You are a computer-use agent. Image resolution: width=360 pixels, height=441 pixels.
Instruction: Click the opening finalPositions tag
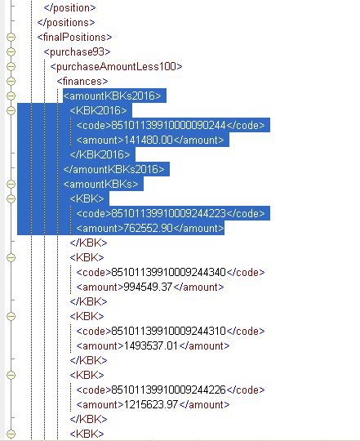(74, 37)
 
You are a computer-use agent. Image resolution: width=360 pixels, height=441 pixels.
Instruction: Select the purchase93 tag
(78, 51)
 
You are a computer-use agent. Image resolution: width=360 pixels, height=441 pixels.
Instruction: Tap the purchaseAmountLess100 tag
(117, 67)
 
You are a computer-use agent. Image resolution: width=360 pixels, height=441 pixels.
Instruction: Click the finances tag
(82, 82)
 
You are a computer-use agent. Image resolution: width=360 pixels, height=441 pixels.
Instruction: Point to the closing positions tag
(66, 23)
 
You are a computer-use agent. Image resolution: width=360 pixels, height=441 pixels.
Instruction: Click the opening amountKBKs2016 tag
(113, 96)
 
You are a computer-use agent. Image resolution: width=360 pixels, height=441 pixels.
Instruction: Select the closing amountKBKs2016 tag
(113, 169)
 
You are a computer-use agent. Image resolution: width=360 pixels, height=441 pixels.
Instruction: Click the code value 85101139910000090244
(169, 125)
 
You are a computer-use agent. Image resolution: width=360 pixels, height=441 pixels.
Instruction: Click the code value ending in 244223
(169, 213)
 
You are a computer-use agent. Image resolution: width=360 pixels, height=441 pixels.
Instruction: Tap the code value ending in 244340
(169, 272)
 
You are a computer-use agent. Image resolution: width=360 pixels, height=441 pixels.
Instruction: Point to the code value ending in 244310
(169, 331)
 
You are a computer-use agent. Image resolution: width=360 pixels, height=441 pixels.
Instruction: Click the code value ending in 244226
(169, 390)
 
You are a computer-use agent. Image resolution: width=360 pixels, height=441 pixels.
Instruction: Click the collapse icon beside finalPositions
(11, 37)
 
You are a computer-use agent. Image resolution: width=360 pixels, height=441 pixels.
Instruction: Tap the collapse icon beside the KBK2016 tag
(11, 110)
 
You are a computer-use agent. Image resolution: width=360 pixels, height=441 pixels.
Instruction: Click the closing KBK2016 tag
(100, 154)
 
